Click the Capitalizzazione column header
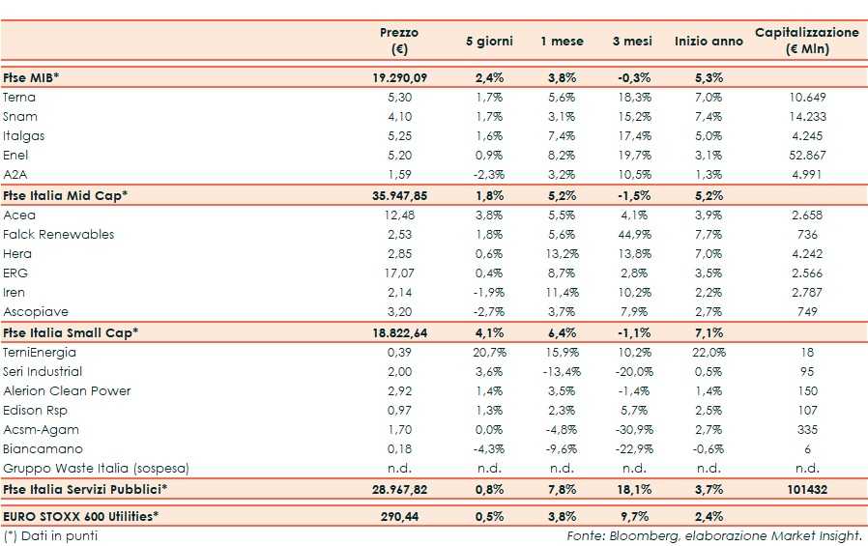(806, 41)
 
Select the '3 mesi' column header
(631, 42)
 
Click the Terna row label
(20, 97)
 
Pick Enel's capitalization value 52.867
(806, 155)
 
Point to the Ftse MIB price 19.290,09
(399, 76)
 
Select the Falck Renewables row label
(59, 234)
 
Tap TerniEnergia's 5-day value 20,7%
(489, 352)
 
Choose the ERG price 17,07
(399, 273)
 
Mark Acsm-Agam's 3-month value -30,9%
(631, 429)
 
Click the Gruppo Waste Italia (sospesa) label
(96, 468)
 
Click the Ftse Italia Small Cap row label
(71, 332)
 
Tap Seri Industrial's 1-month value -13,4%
(562, 371)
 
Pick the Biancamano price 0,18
(399, 448)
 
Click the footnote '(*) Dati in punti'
(51, 535)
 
